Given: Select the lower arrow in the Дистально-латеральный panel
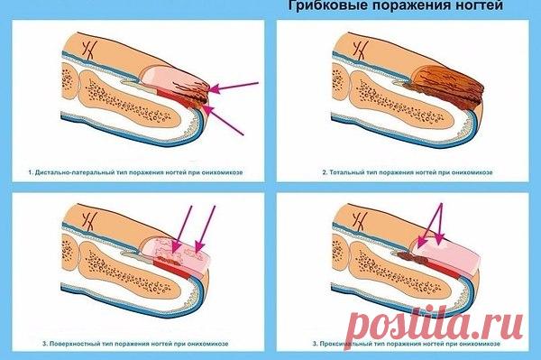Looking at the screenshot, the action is tap(225, 122).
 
